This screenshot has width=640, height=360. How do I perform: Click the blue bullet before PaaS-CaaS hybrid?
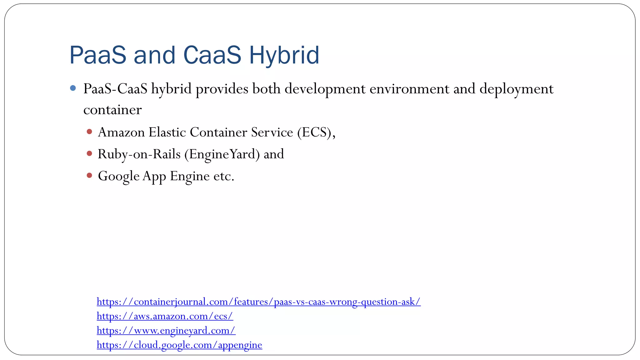coord(73,88)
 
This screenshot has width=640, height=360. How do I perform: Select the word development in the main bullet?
coord(325,89)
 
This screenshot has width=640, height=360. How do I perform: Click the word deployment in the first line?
coord(516,89)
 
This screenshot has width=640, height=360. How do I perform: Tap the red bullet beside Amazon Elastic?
coord(89,132)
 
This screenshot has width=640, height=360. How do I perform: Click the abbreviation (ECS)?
coord(316,132)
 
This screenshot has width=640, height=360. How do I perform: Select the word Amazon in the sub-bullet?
coord(121,132)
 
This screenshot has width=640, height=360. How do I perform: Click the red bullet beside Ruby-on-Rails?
coord(89,153)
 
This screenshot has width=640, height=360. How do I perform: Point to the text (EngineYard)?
coord(222,154)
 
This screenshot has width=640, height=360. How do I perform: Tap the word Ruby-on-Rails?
coord(139,154)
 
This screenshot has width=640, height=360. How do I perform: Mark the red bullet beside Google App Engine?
coord(89,175)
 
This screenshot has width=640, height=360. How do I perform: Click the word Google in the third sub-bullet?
coord(118,176)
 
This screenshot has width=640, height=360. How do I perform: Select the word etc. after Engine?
coord(224,176)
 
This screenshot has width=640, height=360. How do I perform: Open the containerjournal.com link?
coord(258,302)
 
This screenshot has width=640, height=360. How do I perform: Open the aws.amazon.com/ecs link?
coord(165,316)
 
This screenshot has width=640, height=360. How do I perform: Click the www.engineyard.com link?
coord(166,330)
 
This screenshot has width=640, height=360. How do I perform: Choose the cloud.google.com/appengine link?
coord(179,345)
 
